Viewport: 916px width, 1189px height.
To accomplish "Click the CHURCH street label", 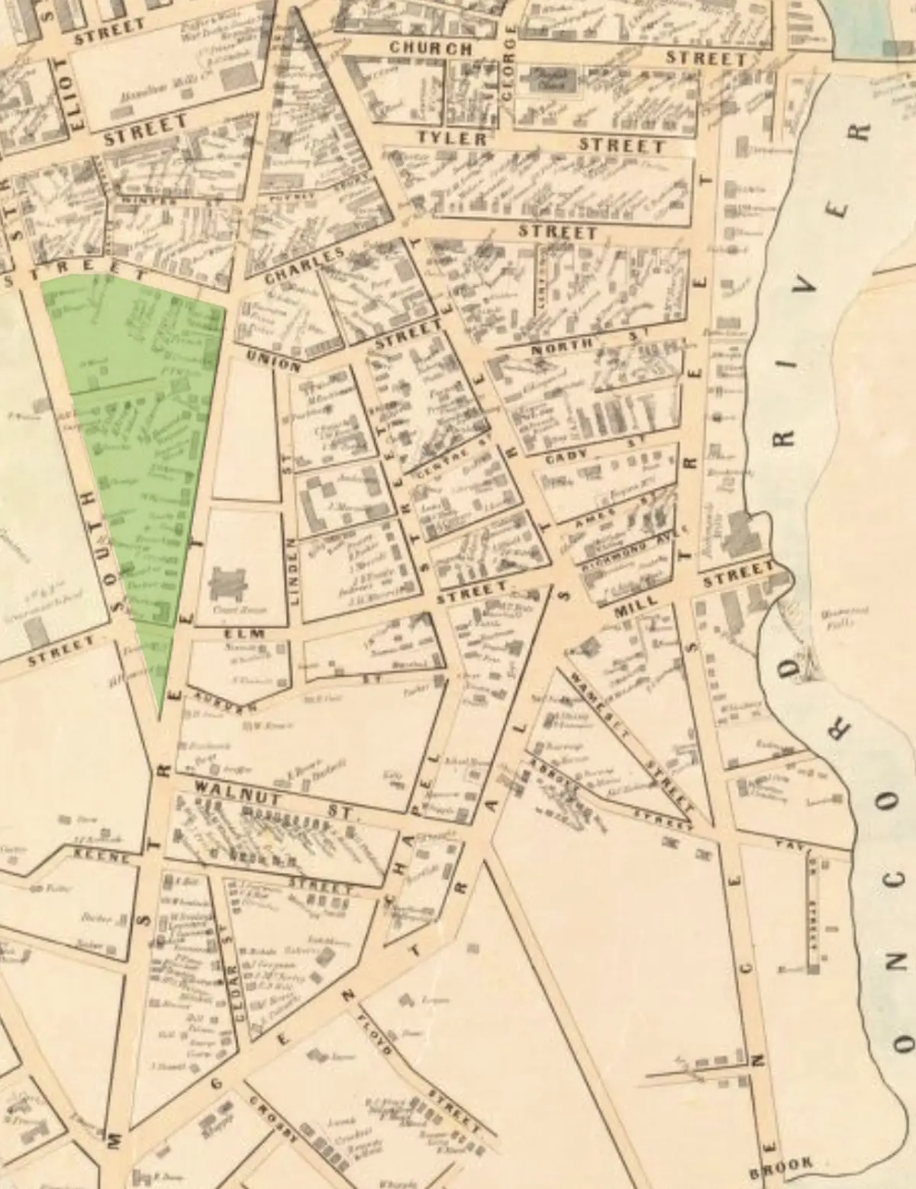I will coord(431,47).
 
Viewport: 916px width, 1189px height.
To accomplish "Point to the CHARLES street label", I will coord(304,266).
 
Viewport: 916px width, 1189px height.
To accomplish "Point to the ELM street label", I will coord(244,634).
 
